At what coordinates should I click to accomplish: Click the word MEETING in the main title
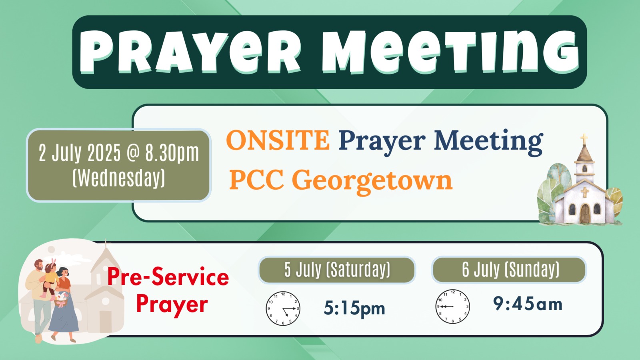pos(450,52)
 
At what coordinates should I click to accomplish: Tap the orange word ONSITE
pos(278,140)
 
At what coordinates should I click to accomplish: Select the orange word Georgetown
pos(372,180)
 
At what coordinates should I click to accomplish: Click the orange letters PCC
pos(256,180)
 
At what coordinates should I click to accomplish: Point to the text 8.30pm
pos(172,154)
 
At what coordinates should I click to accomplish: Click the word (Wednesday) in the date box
pos(119,178)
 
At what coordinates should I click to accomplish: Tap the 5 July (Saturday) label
pos(337,270)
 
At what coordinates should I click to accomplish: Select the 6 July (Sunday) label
pos(510,270)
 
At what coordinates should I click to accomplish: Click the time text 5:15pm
pos(354,308)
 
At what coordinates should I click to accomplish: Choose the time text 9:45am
pos(528,304)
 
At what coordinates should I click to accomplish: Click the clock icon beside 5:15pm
pos(283,308)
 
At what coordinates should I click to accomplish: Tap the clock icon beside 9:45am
pos(452,306)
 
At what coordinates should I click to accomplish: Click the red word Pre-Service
pos(168,276)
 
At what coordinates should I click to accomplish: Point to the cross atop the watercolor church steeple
pos(584,139)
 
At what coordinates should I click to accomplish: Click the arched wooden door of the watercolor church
pos(585,214)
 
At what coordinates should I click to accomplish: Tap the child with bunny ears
pos(50,278)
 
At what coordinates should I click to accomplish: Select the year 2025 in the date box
pos(104,154)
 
